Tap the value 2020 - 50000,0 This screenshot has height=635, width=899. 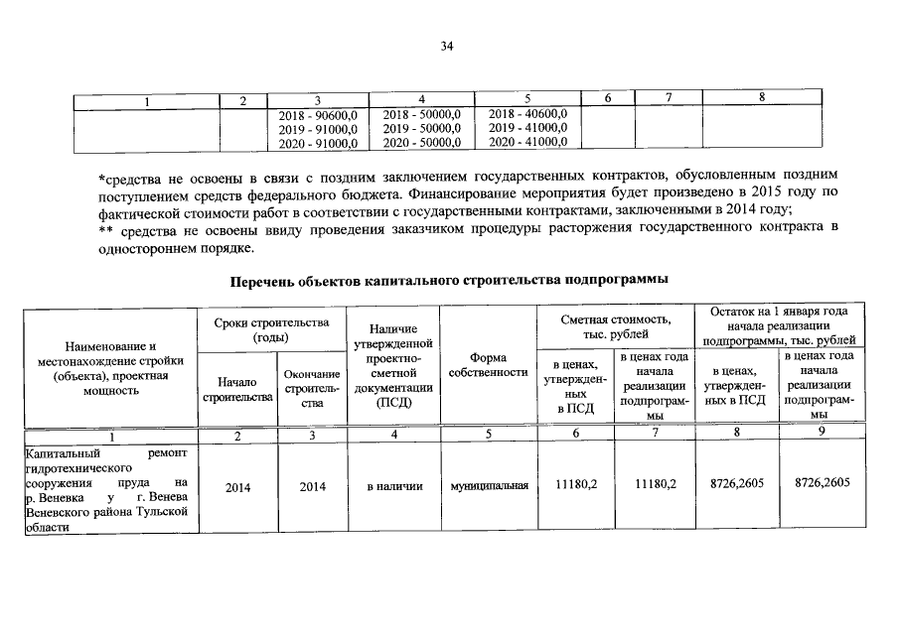pos(421,143)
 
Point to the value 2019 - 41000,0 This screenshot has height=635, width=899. pos(527,128)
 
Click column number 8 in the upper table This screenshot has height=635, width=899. pos(761,97)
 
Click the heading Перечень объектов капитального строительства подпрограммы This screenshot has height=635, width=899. pos(448,281)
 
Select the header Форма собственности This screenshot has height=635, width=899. pos(488,364)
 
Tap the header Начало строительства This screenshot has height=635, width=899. pos(237,389)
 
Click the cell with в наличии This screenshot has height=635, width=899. pos(394,486)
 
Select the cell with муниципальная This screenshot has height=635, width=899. pos(488,486)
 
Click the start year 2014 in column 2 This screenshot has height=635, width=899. pos(237,486)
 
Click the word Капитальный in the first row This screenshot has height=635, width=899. pos(57,452)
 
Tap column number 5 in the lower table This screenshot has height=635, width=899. pos(488,437)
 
